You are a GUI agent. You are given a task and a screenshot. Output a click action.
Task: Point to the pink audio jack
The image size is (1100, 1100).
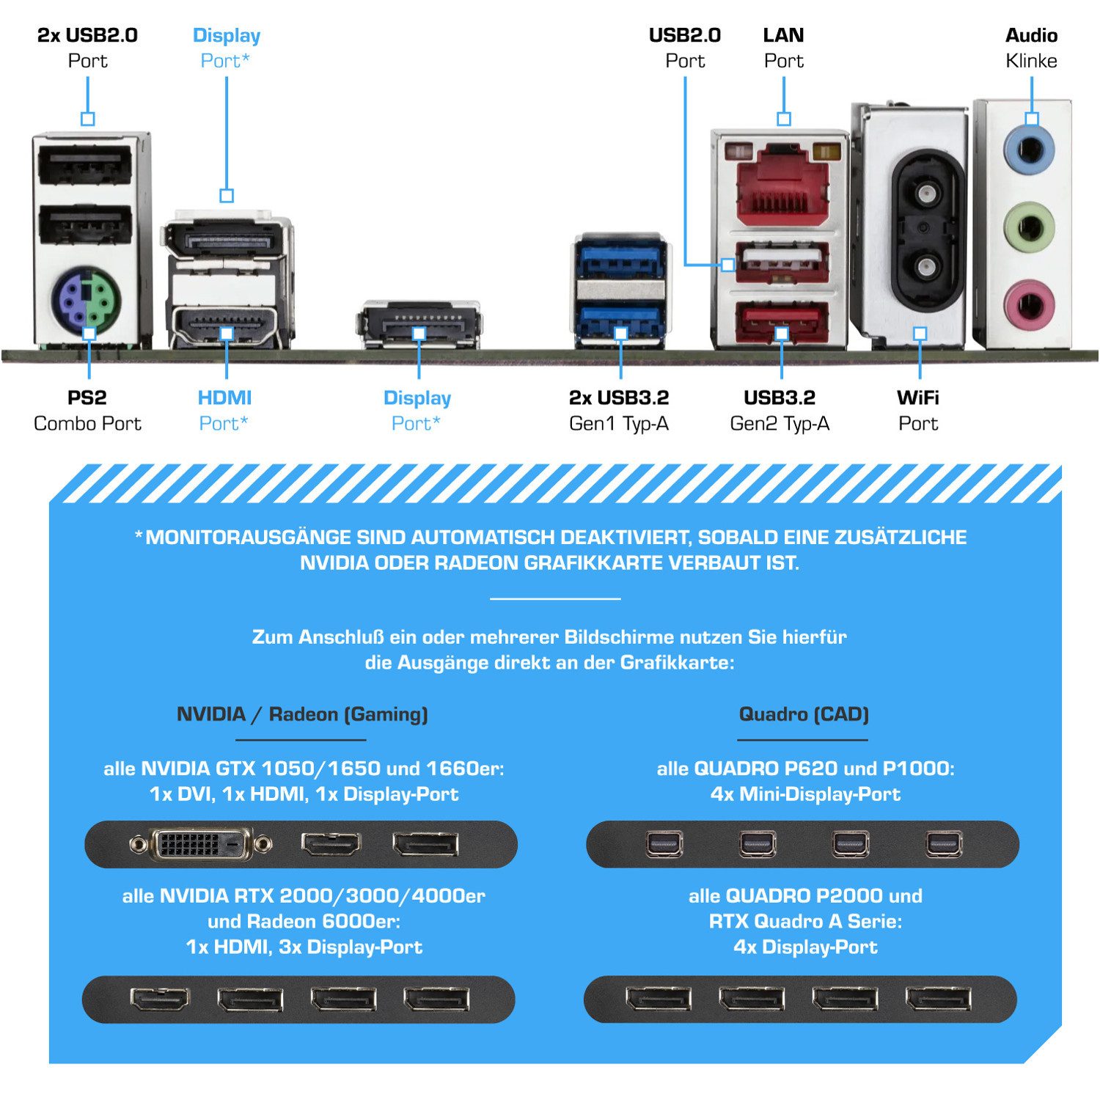pyautogui.click(x=1029, y=302)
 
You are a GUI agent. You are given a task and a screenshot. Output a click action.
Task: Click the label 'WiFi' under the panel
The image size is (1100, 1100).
pyautogui.click(x=917, y=398)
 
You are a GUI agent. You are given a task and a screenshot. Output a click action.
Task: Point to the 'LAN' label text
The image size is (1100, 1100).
pyautogui.click(x=783, y=35)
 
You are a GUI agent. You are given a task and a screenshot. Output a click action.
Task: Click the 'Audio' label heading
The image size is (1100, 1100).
pyautogui.click(x=1031, y=35)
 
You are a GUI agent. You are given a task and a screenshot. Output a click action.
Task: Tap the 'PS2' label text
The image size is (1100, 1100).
pyautogui.click(x=87, y=398)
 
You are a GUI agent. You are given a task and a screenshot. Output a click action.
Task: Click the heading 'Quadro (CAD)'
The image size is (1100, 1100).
pyautogui.click(x=804, y=714)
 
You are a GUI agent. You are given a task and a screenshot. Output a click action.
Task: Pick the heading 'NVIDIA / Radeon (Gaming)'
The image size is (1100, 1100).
pyautogui.click(x=302, y=714)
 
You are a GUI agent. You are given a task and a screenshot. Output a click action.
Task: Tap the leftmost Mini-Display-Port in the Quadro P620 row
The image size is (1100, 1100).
pyautogui.click(x=664, y=844)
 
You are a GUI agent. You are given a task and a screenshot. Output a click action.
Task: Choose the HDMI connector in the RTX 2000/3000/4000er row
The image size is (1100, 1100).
pyautogui.click(x=160, y=999)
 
